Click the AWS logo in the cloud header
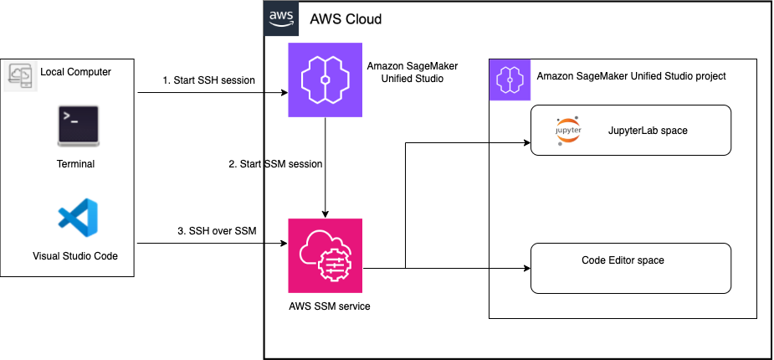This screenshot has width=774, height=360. click(280, 18)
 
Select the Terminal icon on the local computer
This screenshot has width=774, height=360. click(75, 125)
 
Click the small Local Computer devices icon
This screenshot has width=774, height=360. click(18, 76)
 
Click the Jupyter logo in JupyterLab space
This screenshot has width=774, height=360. click(568, 132)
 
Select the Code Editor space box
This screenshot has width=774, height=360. click(631, 268)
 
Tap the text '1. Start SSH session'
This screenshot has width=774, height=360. click(208, 80)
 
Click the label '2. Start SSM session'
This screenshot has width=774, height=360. click(275, 164)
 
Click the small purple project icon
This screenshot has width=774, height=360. click(508, 80)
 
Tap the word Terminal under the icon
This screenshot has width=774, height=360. click(75, 164)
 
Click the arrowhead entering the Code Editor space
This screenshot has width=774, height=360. click(526, 269)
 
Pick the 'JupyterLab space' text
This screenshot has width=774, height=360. click(648, 131)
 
